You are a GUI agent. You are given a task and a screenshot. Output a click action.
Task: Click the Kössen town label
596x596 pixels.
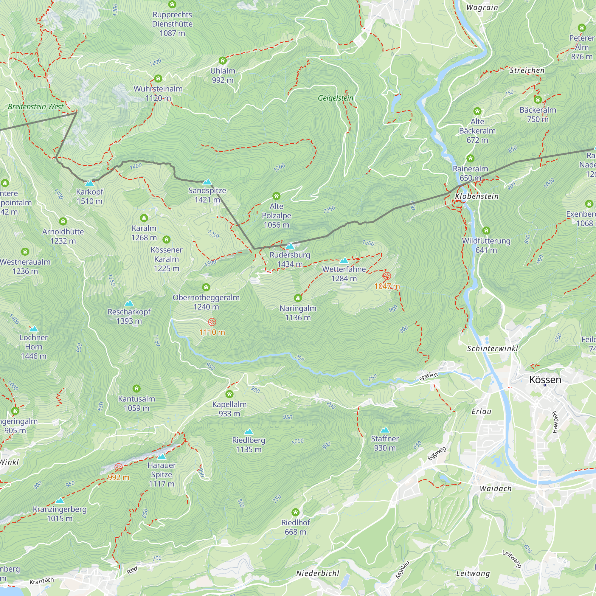tap(545, 380)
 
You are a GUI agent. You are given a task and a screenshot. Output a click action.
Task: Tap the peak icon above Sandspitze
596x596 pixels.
tap(207, 182)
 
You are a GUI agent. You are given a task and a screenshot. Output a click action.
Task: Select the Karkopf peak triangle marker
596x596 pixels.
tap(89, 183)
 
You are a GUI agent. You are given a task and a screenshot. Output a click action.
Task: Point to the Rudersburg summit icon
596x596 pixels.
tap(290, 246)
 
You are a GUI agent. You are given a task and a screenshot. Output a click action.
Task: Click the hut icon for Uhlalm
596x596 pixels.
tap(223, 60)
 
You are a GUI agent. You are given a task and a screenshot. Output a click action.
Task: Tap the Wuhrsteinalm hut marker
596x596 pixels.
tap(158, 78)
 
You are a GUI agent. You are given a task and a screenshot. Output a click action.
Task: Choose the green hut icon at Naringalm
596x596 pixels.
tap(298, 298)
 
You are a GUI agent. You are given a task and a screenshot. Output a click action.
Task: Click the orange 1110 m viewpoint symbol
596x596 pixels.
tap(212, 322)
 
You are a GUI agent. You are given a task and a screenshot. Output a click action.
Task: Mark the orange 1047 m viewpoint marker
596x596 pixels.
tap(387, 276)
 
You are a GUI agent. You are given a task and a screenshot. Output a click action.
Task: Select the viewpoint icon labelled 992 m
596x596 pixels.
tap(119, 467)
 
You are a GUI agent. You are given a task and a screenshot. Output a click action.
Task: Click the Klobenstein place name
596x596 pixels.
tap(477, 196)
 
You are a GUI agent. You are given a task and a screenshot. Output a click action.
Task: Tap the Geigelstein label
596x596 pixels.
tap(335, 98)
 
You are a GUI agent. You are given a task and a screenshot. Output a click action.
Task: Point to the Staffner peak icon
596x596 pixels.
tap(385, 430)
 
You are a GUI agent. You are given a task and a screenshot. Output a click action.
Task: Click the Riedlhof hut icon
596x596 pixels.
tap(296, 512)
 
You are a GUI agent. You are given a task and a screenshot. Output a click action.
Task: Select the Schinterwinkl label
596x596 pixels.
tap(492, 349)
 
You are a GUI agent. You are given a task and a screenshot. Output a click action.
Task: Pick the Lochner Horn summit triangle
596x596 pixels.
tap(34, 329)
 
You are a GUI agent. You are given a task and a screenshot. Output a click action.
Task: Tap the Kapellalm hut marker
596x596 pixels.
tap(229, 394)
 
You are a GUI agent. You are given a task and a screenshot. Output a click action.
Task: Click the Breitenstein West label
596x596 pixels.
tap(36, 107)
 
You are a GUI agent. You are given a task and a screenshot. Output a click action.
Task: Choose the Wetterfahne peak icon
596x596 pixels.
tap(344, 261)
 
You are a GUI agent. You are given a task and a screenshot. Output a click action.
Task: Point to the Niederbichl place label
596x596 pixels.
tap(317, 573)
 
